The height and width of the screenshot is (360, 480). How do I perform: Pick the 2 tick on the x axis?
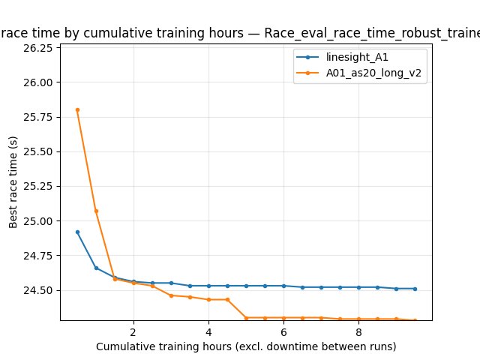point(133,331)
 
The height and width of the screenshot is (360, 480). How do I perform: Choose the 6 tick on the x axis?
point(283,331)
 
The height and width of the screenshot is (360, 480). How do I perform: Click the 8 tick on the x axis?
point(358,331)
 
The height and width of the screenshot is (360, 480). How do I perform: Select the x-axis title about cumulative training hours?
point(246,346)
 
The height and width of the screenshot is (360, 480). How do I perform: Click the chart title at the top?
point(240,33)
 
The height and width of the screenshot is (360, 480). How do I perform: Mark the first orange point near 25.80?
point(77,109)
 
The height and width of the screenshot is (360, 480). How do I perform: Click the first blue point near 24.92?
point(77,232)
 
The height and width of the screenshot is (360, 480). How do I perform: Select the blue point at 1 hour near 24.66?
point(96,268)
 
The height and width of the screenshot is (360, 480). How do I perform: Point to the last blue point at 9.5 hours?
point(415,289)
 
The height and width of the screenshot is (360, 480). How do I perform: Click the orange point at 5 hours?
point(246,318)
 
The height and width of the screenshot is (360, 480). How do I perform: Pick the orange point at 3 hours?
point(171,295)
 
